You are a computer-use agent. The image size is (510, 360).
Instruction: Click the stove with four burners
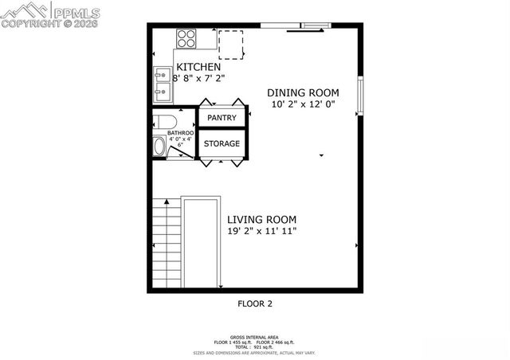click(186, 38)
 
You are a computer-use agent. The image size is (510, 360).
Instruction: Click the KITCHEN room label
click(193, 67)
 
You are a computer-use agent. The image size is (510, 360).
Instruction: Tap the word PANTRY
click(222, 118)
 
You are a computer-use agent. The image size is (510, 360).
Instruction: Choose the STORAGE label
click(222, 143)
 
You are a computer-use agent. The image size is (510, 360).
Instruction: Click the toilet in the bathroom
click(163, 122)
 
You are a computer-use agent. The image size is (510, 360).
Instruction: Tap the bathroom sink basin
click(159, 147)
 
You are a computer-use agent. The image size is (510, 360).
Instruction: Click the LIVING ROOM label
click(261, 220)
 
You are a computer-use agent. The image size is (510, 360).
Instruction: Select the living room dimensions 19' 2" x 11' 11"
click(261, 232)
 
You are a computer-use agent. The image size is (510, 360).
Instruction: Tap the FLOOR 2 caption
click(255, 303)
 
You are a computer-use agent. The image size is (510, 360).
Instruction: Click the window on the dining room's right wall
click(360, 95)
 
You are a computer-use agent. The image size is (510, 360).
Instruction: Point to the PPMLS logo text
click(76, 13)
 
